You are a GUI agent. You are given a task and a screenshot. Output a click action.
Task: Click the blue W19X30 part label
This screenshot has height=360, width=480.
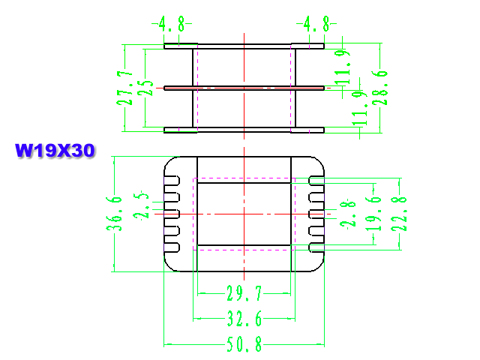coord(55,151)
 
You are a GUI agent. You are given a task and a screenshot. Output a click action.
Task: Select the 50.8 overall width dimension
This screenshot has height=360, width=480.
coord(244,344)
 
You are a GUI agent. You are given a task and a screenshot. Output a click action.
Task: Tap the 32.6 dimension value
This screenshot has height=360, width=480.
coord(244,319)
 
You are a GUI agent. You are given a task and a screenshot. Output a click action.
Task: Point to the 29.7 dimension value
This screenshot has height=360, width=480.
coord(244,293)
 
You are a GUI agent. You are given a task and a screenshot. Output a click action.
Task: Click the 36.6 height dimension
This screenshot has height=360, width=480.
coord(114,214)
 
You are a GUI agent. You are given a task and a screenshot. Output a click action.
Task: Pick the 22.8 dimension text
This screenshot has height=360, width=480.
coord(399,214)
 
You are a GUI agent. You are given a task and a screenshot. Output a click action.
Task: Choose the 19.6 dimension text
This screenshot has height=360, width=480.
coord(373,214)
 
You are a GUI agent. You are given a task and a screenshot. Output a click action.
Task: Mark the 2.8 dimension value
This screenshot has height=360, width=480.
coord(348,214)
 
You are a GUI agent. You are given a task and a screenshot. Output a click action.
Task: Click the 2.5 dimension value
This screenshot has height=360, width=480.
coord(141,205)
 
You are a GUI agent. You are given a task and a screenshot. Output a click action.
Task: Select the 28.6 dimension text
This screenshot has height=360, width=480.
coord(380,88)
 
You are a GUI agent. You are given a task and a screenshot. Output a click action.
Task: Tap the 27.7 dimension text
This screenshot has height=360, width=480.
coord(124,88)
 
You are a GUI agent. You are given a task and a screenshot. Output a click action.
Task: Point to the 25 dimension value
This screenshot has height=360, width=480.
coord(145,88)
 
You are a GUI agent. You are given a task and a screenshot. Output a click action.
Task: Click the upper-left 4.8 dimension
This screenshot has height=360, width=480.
coord(172,24)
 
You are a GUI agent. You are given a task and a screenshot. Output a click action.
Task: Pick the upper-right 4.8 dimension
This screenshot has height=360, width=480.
coord(316,24)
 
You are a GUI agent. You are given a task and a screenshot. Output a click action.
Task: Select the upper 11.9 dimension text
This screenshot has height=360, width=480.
coord(342,67)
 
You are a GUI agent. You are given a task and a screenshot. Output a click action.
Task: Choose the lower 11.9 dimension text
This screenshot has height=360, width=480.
coord(359,108)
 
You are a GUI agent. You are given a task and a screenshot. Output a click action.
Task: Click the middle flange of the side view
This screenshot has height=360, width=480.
coord(244,88)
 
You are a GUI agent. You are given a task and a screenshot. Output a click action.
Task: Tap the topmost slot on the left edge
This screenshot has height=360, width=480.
coord(172,181)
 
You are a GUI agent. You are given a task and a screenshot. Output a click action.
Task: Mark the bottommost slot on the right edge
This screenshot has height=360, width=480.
coord(316,247)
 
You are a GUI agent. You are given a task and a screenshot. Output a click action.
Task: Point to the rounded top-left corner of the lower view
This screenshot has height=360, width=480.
coord(169,162)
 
